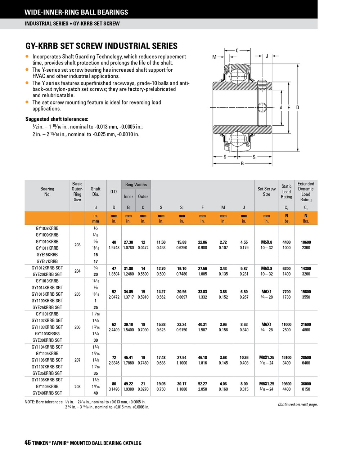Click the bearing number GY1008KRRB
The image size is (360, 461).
47,228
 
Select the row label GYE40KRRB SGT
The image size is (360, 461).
47,393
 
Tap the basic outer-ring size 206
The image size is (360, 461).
77,327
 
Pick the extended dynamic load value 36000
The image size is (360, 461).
306,384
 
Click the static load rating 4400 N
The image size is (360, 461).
287,242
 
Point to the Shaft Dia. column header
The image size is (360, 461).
96,191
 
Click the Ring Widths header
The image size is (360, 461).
136,185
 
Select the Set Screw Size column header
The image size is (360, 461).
266,191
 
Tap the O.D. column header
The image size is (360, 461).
114,192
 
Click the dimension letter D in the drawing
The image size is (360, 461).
298,107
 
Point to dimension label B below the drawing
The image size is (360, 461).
242,164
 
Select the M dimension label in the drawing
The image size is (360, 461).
215,57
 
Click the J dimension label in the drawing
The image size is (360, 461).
267,56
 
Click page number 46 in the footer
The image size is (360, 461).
28,443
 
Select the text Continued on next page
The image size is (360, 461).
298,404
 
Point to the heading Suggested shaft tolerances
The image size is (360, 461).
57,119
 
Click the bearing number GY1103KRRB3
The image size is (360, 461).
47,334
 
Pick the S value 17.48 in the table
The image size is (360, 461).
161,358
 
